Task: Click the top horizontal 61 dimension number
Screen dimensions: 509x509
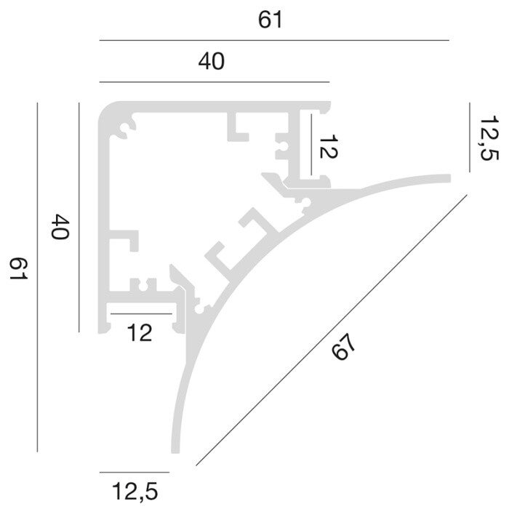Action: point(270,20)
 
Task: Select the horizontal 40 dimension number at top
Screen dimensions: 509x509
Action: point(212,62)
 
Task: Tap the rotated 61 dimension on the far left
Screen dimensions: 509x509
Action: point(18,268)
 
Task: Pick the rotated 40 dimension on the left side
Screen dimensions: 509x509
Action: point(60,226)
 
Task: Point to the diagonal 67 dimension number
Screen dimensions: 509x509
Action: point(343,347)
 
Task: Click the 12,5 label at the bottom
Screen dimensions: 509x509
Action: point(135,491)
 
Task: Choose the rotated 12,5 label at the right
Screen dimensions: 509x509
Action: point(489,137)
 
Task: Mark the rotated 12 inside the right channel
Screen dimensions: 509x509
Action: point(329,146)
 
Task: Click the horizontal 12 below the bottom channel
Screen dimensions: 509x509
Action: point(140,333)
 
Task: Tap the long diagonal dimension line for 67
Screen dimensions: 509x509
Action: point(332,330)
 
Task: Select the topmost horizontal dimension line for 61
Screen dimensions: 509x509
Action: point(274,41)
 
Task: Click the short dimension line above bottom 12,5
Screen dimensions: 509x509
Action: point(135,473)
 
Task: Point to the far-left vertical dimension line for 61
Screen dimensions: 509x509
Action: point(37,277)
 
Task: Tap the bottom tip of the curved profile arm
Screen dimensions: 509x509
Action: point(175,452)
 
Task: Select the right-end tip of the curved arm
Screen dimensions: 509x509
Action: point(449,178)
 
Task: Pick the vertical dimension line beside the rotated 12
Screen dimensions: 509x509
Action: point(311,145)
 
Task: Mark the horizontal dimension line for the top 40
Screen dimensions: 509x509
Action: point(215,82)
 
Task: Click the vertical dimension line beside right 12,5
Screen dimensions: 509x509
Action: point(470,137)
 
